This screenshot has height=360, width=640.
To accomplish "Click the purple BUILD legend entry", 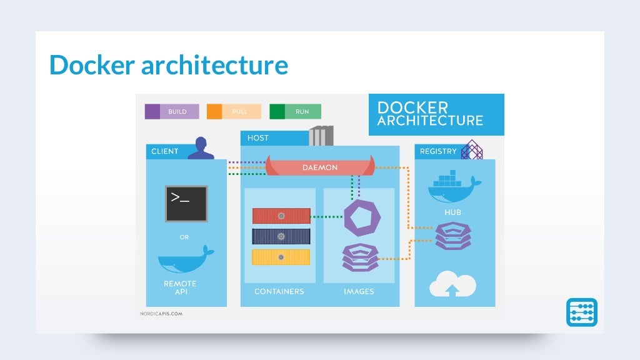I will click(x=172, y=111).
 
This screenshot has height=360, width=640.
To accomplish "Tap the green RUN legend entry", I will click(x=295, y=111).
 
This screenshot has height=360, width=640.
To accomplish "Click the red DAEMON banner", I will click(x=320, y=167).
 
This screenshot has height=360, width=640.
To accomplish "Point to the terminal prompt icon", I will click(x=186, y=203).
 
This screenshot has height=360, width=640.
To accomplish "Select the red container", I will click(x=281, y=216).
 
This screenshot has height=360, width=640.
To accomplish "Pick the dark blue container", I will click(x=281, y=236).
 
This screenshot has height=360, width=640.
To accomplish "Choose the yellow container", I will click(x=281, y=257).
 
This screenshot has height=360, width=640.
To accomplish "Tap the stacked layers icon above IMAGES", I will click(x=361, y=256).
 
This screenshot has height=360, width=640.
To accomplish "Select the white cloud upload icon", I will click(x=452, y=284).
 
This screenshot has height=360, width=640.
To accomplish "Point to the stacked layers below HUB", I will click(x=453, y=236).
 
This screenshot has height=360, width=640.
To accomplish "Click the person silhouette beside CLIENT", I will click(x=201, y=149).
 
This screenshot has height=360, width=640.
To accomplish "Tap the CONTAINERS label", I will click(x=279, y=292).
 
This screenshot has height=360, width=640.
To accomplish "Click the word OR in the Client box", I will click(x=184, y=237).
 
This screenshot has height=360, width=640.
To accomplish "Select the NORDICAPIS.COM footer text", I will click(x=161, y=313).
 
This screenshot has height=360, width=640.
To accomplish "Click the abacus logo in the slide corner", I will click(x=582, y=312).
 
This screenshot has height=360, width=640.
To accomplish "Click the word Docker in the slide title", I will click(x=92, y=65).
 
